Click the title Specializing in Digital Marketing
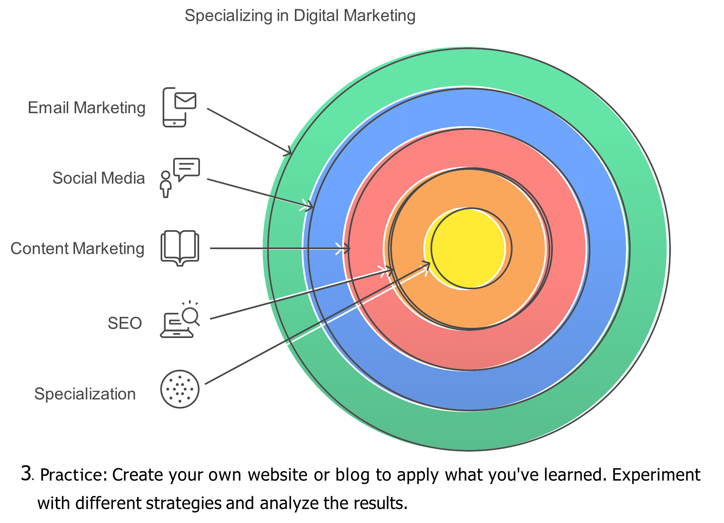(x=300, y=16)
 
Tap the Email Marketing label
(x=86, y=108)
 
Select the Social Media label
(x=99, y=178)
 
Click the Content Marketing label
(x=77, y=249)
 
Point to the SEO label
(x=125, y=323)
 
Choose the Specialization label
(x=85, y=394)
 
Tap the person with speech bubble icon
(x=180, y=178)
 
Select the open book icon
(x=180, y=248)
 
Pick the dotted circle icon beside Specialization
(x=180, y=389)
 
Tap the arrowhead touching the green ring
(x=287, y=151)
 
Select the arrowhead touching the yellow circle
(x=426, y=266)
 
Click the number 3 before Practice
(x=26, y=473)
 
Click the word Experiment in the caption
(x=656, y=475)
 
